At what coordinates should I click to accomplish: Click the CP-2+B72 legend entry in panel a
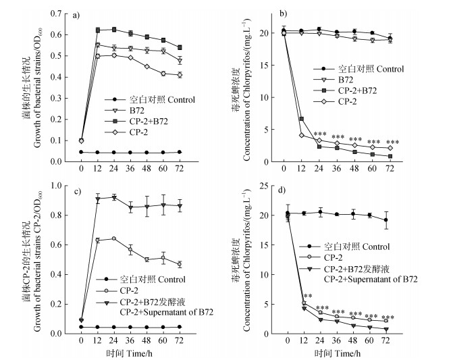(x=135, y=122)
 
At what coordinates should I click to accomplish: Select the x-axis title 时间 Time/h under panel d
(x=336, y=353)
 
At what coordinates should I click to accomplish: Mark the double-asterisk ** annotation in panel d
(x=308, y=297)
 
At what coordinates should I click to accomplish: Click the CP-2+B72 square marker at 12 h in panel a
(x=98, y=30)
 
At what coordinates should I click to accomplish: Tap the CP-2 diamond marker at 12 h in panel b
(x=302, y=135)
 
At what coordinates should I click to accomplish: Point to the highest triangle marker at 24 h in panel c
(x=114, y=197)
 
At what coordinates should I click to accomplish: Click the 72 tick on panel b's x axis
(x=389, y=168)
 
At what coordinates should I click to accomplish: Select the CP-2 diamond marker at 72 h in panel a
(x=180, y=75)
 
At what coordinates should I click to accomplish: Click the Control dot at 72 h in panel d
(x=386, y=220)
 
